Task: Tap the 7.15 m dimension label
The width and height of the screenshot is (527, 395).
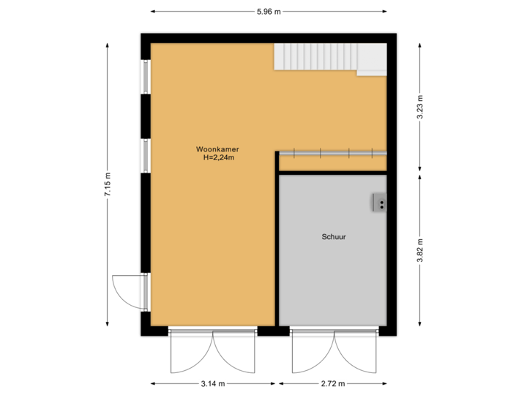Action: click(x=108, y=184)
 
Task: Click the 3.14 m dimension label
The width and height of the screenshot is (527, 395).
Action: click(x=213, y=383)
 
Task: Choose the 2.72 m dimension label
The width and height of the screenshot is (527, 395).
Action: click(x=332, y=383)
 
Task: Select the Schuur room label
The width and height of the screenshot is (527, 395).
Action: click(x=333, y=237)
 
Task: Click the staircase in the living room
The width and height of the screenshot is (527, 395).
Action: click(x=315, y=56)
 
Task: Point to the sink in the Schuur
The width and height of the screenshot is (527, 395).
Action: click(x=380, y=202)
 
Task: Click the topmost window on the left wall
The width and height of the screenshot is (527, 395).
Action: click(x=145, y=76)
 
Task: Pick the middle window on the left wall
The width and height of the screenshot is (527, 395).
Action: click(x=145, y=155)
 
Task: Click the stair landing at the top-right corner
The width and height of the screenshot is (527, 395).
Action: click(x=372, y=59)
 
